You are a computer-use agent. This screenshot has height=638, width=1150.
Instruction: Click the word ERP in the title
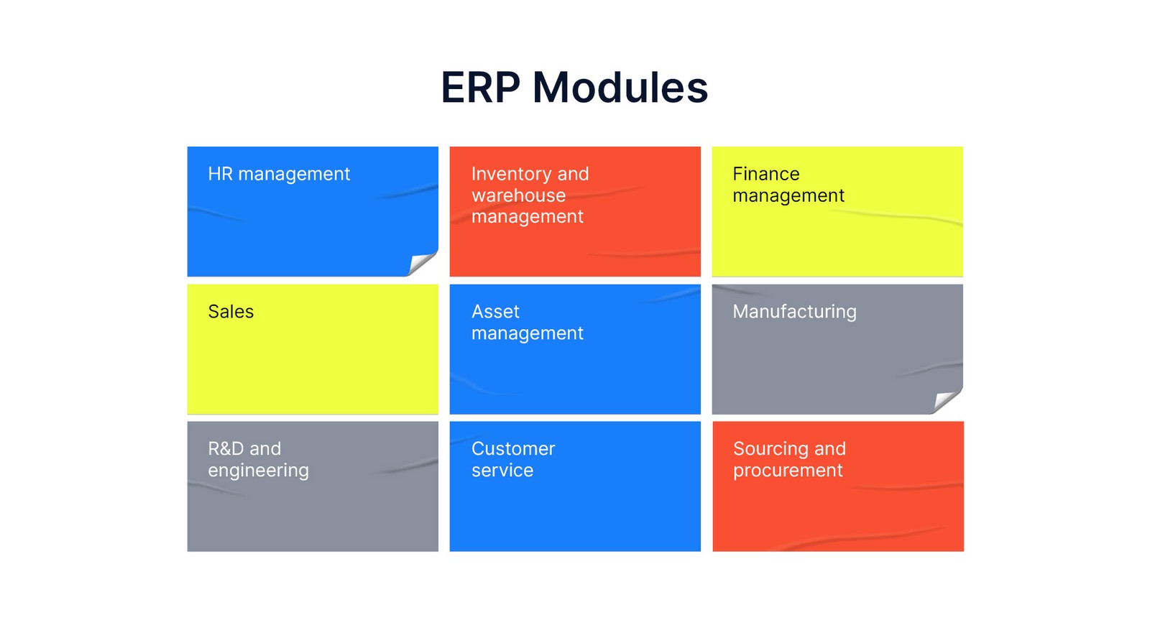coord(481,87)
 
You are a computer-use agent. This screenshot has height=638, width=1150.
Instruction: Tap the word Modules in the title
coord(620,87)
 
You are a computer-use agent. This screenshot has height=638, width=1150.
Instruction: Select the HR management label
coord(279,175)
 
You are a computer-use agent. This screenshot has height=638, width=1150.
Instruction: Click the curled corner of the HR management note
coord(423,263)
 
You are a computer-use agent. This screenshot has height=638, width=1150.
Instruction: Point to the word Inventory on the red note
coord(514,175)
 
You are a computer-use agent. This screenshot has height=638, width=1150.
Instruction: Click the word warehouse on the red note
coord(518,195)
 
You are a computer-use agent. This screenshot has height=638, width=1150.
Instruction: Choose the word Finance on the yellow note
coord(766,174)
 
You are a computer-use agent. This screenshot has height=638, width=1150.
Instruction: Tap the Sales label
coord(231,312)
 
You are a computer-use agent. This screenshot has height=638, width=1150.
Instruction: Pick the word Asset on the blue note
coord(495,312)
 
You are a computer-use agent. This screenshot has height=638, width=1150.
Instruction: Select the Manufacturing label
coord(794,312)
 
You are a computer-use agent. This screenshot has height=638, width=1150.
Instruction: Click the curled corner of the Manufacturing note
coord(947,401)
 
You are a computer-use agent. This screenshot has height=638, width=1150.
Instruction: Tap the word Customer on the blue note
coord(513,449)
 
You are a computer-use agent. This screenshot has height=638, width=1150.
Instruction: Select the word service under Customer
coord(502,471)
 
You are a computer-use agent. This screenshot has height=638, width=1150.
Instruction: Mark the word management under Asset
coord(528,334)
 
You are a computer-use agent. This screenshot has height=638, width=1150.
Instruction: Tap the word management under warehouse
coord(528,217)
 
